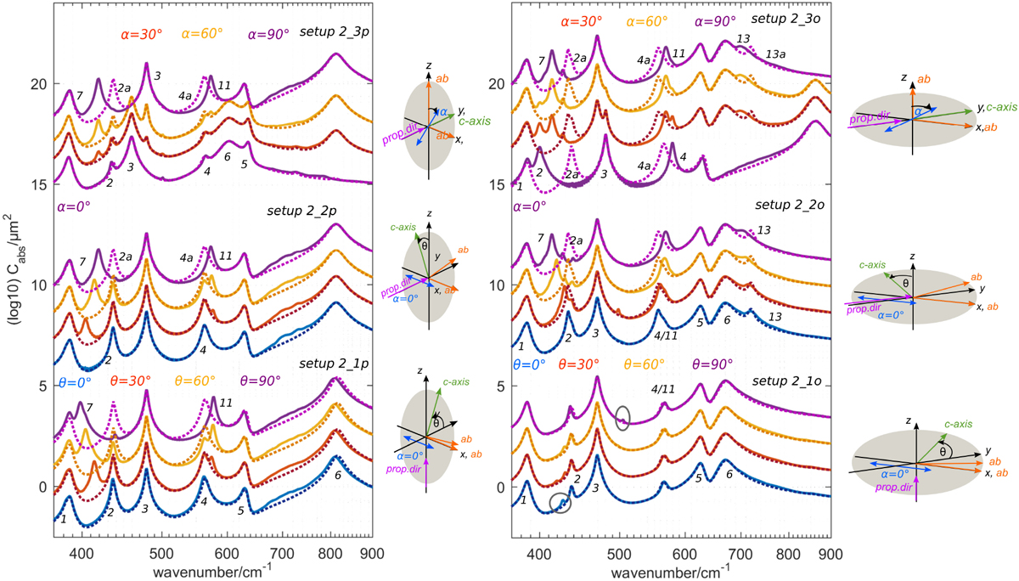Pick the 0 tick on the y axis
[x=41, y=487]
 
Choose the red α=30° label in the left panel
[x=138, y=36]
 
